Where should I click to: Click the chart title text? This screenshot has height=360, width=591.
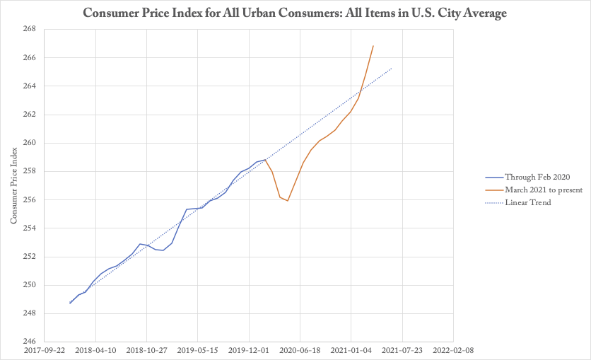pos(295,13)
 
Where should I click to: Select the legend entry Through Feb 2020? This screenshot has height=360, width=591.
pos(537,178)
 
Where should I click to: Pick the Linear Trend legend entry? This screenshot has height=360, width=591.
pos(527,203)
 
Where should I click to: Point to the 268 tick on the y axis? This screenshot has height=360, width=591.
pos(28,29)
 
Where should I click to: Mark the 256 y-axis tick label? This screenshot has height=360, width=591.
pos(28,200)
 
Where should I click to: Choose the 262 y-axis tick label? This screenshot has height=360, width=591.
pos(28,115)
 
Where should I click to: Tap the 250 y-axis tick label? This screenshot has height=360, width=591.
pos(28,286)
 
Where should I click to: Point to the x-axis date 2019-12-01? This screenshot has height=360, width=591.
pos(248,349)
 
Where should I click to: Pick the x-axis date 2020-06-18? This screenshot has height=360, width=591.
pos(299,349)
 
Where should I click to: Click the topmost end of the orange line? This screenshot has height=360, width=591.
pos(373,46)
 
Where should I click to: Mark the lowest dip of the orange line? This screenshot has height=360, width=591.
pos(288,200)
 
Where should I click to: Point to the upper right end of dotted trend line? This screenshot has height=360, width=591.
pos(392,68)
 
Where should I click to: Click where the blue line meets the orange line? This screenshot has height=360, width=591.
pos(264,159)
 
